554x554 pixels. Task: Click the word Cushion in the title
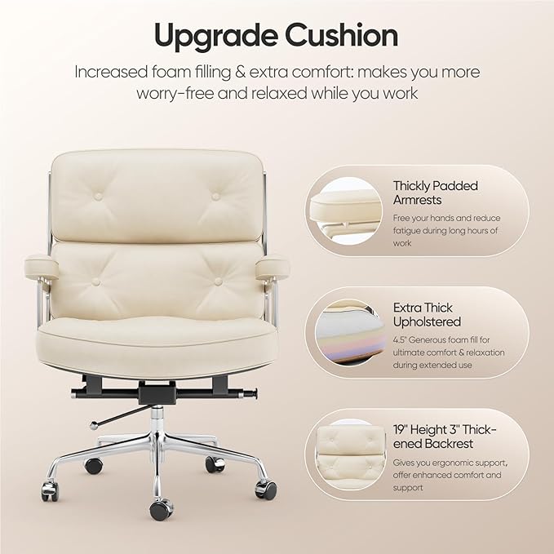point(342,35)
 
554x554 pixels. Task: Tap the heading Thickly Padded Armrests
point(435,193)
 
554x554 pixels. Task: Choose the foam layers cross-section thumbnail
point(348,332)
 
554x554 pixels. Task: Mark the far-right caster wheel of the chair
point(266,490)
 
